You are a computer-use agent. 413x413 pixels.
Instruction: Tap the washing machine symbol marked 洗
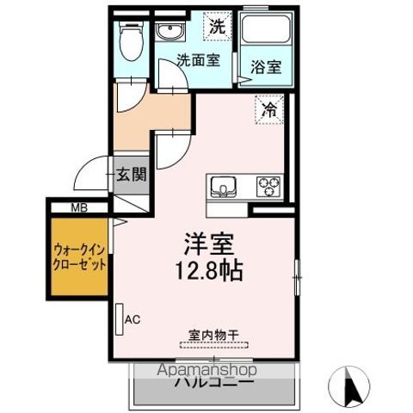[x=217, y=27]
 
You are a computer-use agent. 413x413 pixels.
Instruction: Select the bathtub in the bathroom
[x=262, y=34]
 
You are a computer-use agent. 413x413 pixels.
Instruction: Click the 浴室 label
[x=262, y=65]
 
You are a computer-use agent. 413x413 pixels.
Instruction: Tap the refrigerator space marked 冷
[x=269, y=109]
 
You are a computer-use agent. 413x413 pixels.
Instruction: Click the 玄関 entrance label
[x=133, y=173]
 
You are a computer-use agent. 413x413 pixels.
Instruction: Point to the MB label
[x=79, y=206]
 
